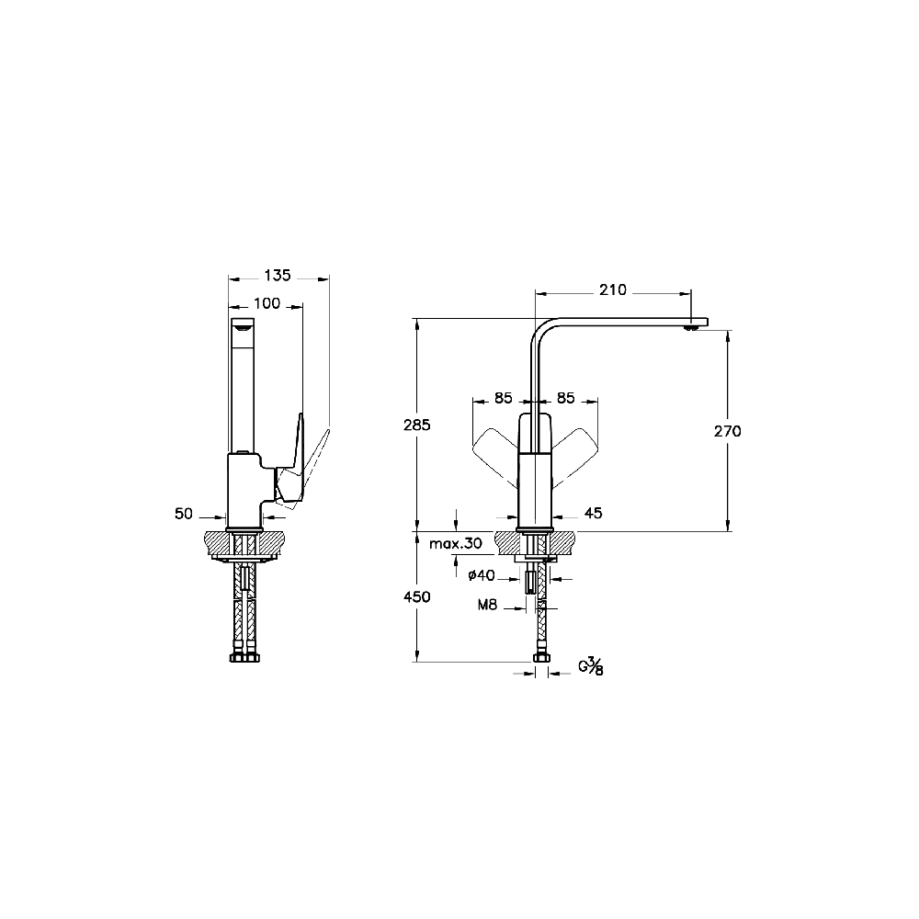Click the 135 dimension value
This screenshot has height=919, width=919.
coord(278,275)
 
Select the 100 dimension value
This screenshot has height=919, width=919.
coord(267,303)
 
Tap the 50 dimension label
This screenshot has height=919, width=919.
coord(184,514)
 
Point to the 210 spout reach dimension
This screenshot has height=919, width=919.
coord(612,289)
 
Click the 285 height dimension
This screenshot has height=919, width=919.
coord(416,425)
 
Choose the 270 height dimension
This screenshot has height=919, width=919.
coord(727,431)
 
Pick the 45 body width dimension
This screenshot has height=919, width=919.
coord(593,513)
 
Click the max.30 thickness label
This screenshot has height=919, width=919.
coord(456,544)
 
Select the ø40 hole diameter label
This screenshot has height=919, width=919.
coord(482,575)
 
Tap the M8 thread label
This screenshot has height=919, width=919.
coord(487,605)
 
